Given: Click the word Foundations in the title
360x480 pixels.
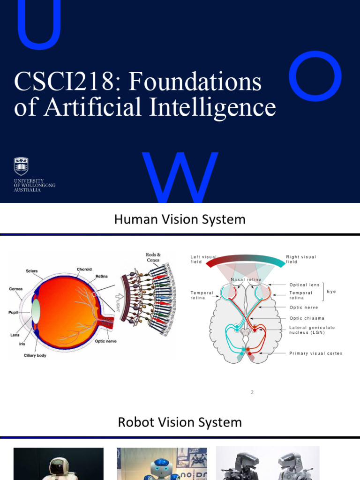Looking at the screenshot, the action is [x=195, y=82].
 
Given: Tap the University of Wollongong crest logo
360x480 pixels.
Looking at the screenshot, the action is [x=21, y=166].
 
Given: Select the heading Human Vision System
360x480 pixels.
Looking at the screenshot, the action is [x=180, y=219].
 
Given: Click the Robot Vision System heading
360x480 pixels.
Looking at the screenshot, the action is [x=180, y=422].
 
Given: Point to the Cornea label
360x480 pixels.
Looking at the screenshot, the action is [x=16, y=289].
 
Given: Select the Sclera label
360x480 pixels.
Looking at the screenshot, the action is [x=32, y=271].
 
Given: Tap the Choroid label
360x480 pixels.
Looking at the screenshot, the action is [x=84, y=270].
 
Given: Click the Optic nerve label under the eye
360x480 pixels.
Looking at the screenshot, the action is [x=106, y=341].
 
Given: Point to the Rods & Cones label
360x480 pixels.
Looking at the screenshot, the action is [x=153, y=257].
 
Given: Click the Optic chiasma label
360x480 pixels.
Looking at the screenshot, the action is [x=307, y=318].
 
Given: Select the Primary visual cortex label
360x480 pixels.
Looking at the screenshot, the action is [x=316, y=353].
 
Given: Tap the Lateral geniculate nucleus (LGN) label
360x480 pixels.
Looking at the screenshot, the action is [x=312, y=330].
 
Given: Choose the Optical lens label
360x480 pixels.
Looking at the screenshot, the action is [x=305, y=285].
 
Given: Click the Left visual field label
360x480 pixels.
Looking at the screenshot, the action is [x=203, y=259].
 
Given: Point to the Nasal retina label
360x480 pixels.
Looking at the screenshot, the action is [x=246, y=280].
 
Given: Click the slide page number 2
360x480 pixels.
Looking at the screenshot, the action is [x=252, y=392].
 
